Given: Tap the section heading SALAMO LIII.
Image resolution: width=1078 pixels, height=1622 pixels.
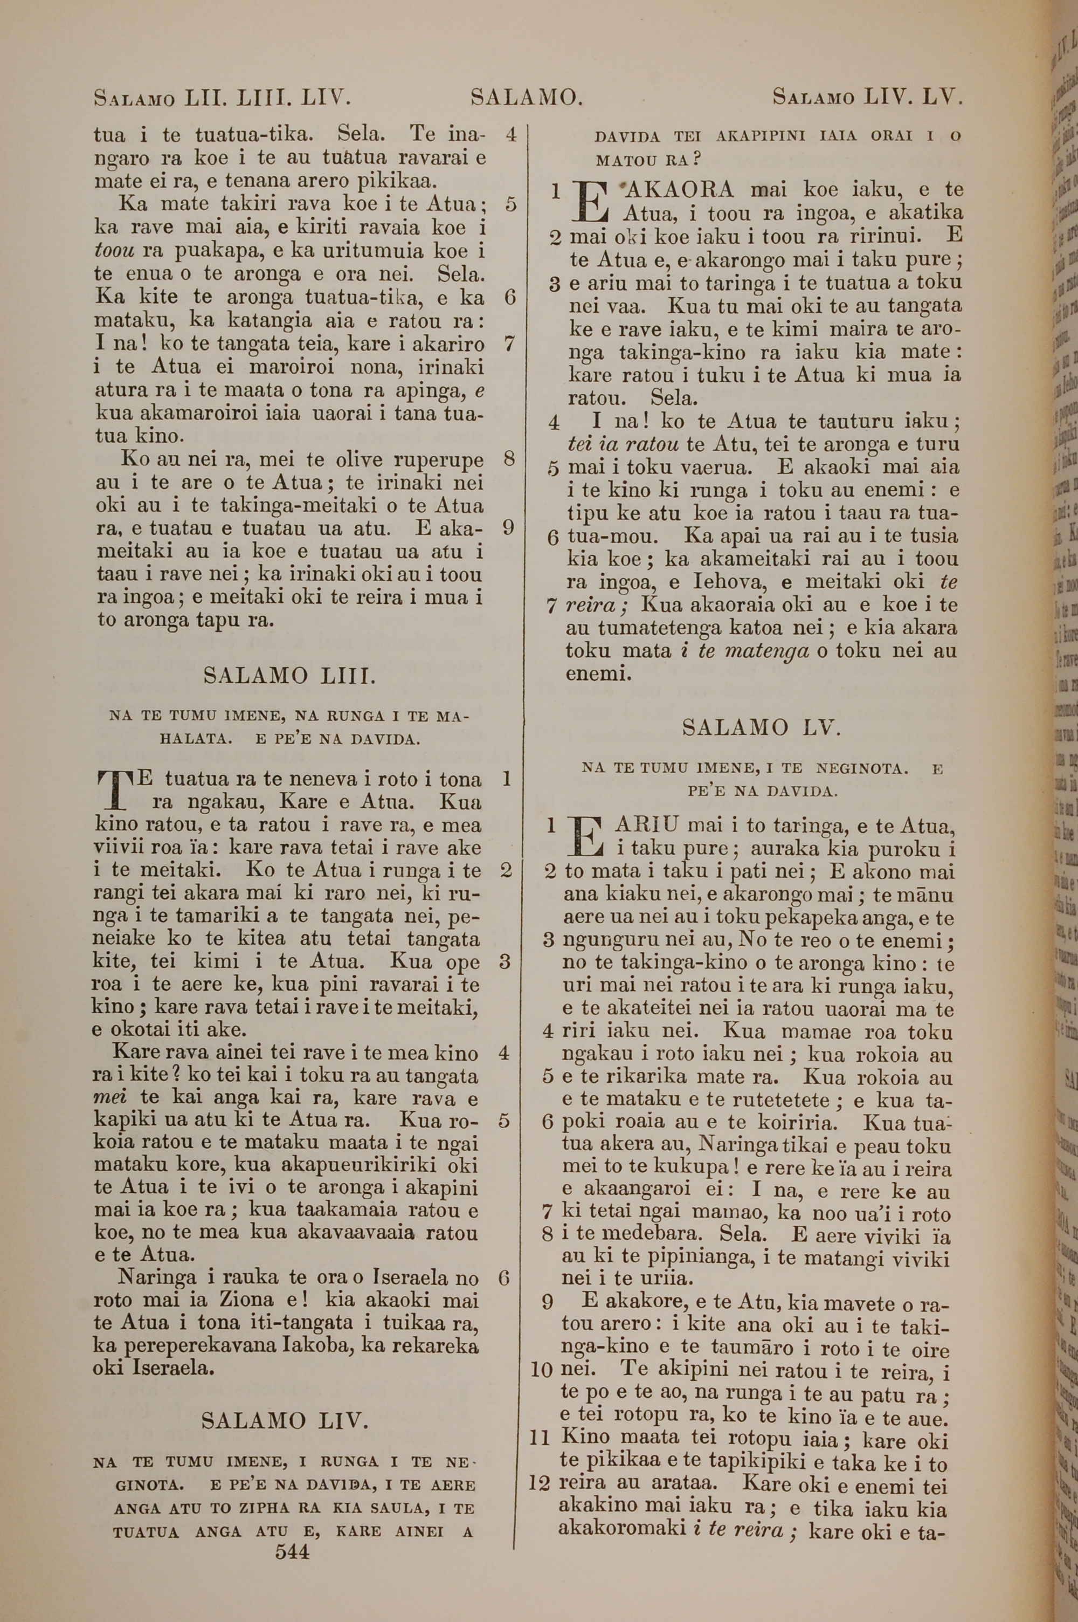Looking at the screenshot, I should click(x=289, y=676).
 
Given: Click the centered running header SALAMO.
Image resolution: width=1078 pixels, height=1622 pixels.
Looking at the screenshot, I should click(x=527, y=98).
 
